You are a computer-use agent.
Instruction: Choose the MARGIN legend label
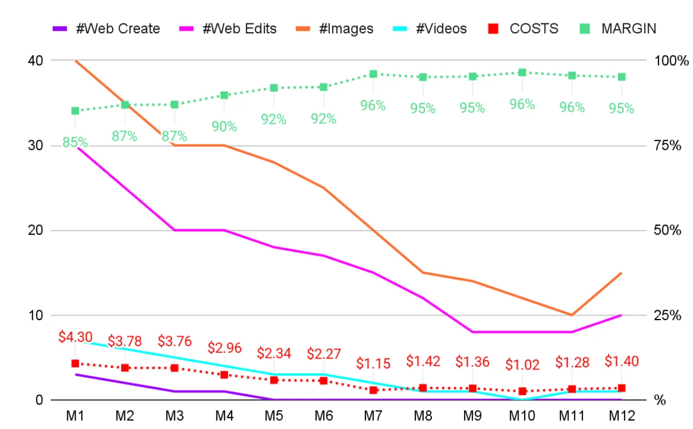point(628,28)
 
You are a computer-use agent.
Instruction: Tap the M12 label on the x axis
point(621,415)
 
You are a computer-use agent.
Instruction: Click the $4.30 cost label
point(75,337)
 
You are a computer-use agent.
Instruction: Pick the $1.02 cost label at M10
point(522,365)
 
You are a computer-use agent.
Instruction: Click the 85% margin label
point(75,142)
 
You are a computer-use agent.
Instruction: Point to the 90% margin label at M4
point(224,127)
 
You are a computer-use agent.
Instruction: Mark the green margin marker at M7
point(373,74)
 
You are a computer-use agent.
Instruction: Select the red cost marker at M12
point(621,388)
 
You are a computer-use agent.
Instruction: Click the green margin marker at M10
point(522,72)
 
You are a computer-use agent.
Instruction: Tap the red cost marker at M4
point(224,375)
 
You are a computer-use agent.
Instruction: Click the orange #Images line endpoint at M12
point(621,273)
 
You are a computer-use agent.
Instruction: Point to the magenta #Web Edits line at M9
point(473,332)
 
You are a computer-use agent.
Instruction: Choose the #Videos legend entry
point(441,28)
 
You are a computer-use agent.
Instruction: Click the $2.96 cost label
point(224,348)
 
